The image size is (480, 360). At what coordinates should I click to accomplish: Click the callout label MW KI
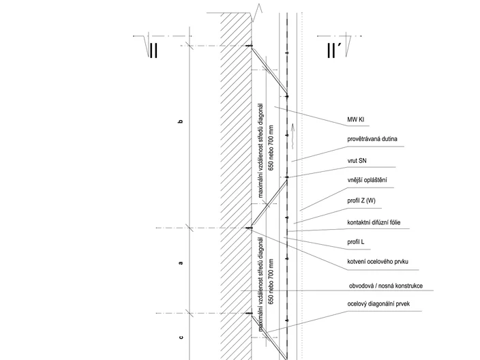pyautogui.click(x=356, y=119)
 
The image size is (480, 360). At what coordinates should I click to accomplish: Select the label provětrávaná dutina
pyautogui.click(x=372, y=139)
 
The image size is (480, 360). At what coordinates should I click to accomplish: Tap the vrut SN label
pyautogui.click(x=357, y=160)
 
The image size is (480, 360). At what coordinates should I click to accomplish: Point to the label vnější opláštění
pyautogui.click(x=367, y=180)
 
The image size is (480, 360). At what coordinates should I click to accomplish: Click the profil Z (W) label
pyautogui.click(x=361, y=201)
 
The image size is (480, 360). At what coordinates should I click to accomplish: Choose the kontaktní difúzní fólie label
pyautogui.click(x=374, y=222)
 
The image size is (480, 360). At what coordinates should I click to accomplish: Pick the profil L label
pyautogui.click(x=356, y=242)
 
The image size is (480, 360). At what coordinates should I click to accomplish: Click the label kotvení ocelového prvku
pyautogui.click(x=378, y=262)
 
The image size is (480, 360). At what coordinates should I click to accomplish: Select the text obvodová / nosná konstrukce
pyautogui.click(x=386, y=286)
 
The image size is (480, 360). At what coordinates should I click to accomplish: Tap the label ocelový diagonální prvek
pyautogui.click(x=378, y=303)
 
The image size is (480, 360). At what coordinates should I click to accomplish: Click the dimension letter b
pyautogui.click(x=181, y=121)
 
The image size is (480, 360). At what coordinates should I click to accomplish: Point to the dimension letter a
pyautogui.click(x=181, y=262)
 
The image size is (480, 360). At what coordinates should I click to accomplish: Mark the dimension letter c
pyautogui.click(x=181, y=337)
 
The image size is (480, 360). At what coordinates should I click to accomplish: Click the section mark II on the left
pyautogui.click(x=153, y=50)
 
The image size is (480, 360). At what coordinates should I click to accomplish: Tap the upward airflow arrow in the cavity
pyautogui.click(x=292, y=136)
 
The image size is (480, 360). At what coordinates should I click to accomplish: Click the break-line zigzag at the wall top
pyautogui.click(x=256, y=13)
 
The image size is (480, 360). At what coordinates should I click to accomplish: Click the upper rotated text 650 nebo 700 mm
pyautogui.click(x=271, y=147)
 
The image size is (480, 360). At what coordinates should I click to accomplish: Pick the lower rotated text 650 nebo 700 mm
pyautogui.click(x=271, y=282)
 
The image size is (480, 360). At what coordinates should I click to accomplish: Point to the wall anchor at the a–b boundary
pyautogui.click(x=250, y=228)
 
